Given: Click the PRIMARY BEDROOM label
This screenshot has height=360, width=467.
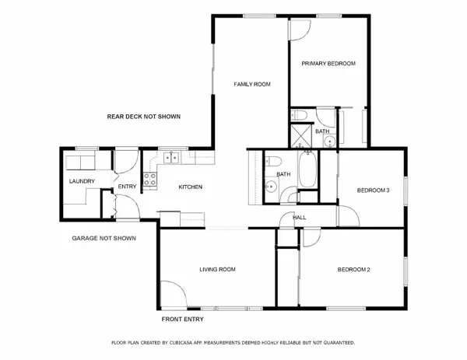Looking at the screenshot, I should [x=328, y=63].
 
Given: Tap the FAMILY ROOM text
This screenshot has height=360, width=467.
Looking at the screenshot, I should [x=252, y=84].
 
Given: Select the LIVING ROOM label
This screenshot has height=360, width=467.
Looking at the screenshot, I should [x=217, y=270].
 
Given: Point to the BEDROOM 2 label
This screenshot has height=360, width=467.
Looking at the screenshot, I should [x=353, y=270].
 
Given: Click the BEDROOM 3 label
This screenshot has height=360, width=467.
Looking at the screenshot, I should [x=373, y=190].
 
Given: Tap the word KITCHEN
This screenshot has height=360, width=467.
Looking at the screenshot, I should [x=191, y=187].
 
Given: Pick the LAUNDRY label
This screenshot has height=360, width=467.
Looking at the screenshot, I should [x=82, y=182].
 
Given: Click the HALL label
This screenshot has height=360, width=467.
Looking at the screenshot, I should [x=298, y=218].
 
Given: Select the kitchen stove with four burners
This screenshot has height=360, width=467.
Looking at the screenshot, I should [x=151, y=180].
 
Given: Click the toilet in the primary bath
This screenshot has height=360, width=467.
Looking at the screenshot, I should [x=302, y=117].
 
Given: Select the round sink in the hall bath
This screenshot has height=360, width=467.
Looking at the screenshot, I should [x=270, y=187].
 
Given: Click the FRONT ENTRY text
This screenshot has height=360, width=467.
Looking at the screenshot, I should [x=184, y=320].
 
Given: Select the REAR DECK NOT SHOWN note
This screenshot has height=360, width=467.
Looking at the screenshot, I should [x=143, y=117].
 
